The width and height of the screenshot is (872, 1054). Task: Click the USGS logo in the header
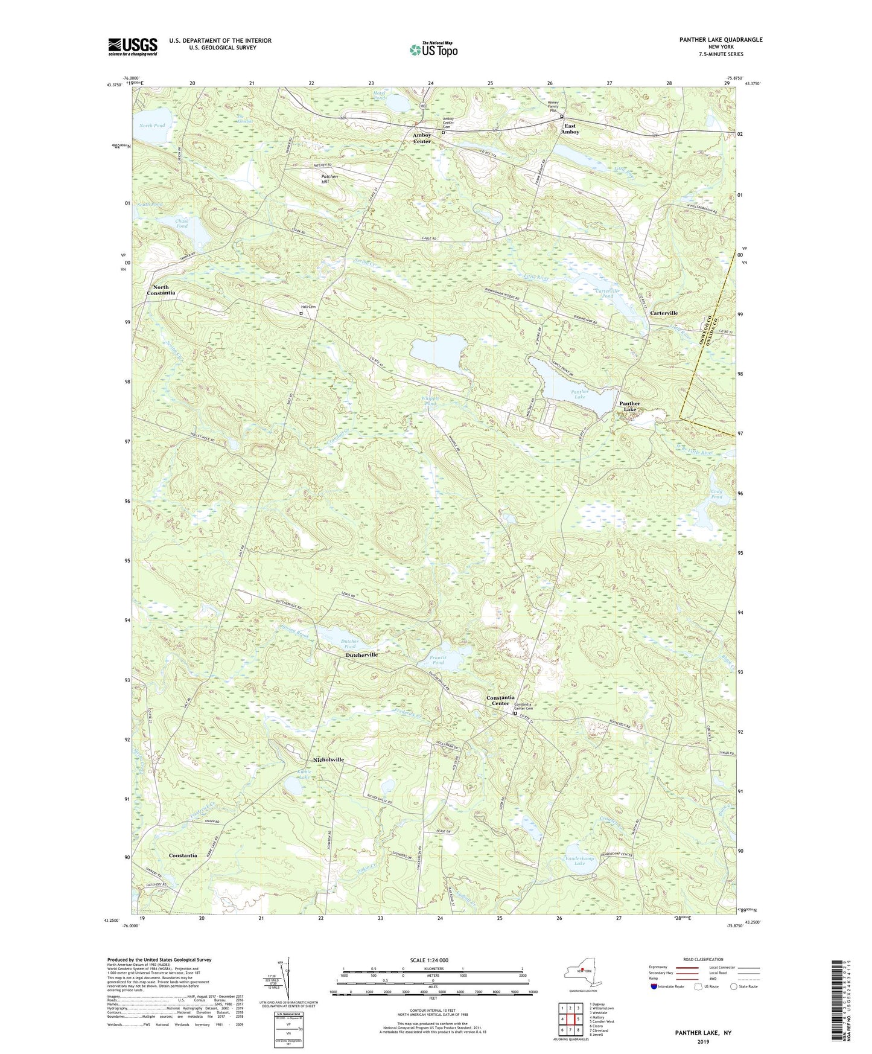click(x=133, y=46)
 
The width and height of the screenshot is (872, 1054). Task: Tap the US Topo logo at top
click(x=433, y=50)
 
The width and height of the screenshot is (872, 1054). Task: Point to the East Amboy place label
click(x=570, y=129)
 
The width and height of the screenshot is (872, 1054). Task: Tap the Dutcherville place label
click(x=361, y=655)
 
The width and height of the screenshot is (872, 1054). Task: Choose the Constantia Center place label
click(x=500, y=700)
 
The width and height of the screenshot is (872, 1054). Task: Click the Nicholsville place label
click(x=328, y=759)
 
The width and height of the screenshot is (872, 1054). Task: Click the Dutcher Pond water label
click(x=350, y=644)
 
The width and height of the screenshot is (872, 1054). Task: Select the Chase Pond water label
click(x=182, y=223)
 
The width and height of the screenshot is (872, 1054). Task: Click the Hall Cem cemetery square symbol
click(x=301, y=313)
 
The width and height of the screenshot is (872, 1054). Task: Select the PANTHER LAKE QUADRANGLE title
click(x=711, y=40)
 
